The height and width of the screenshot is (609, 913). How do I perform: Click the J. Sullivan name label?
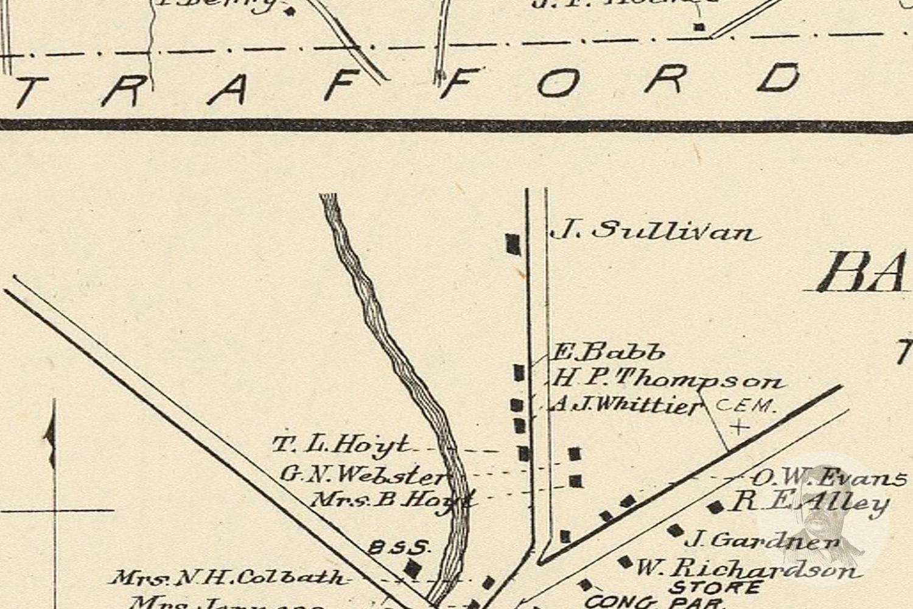(654, 232)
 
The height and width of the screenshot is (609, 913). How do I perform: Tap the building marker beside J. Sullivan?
(513, 244)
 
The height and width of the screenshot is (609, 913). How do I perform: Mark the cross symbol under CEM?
(740, 427)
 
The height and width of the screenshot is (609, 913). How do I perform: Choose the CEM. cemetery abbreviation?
(745, 406)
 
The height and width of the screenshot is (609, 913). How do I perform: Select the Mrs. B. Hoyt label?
(392, 499)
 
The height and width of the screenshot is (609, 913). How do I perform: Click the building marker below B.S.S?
(413, 568)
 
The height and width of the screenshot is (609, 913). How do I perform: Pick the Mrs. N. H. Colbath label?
(228, 577)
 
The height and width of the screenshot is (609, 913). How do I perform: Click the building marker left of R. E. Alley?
(715, 507)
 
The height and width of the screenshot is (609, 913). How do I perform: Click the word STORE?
(715, 588)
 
